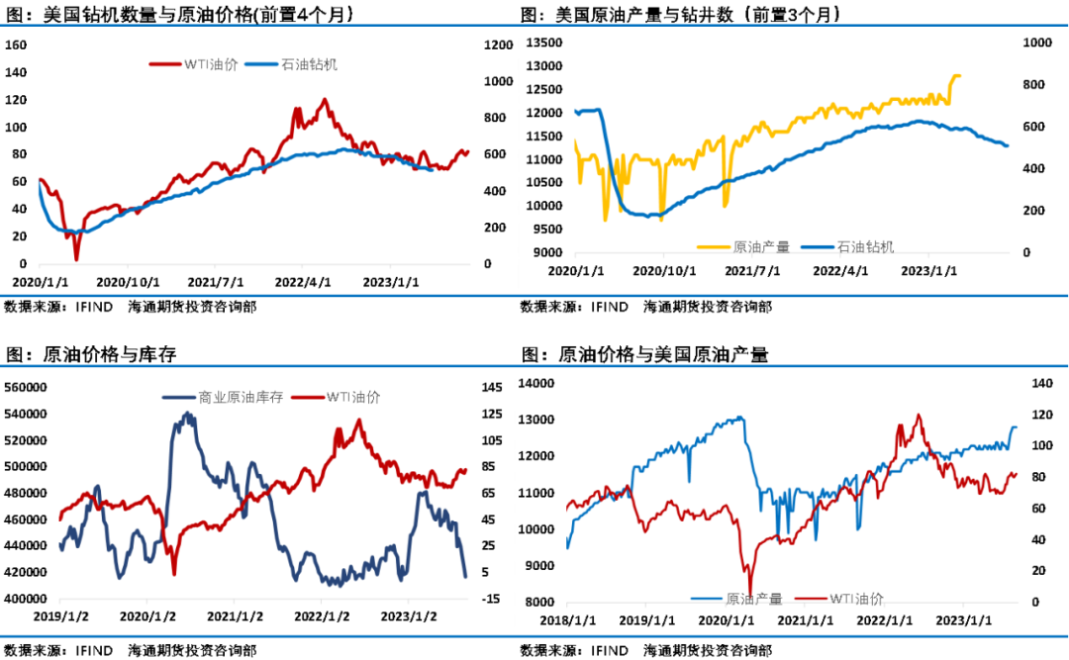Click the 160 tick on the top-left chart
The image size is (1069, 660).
point(17,45)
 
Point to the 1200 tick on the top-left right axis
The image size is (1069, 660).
point(499,45)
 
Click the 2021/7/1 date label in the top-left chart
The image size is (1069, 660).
point(214,281)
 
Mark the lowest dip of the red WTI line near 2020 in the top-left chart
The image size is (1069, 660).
point(76,259)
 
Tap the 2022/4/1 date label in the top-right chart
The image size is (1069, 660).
point(840,270)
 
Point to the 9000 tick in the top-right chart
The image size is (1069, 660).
point(546,252)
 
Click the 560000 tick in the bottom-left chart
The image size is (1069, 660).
point(27,387)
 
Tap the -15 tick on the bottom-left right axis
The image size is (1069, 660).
point(491,599)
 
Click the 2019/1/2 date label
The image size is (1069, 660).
point(61,616)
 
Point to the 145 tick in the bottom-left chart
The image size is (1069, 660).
point(492,387)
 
